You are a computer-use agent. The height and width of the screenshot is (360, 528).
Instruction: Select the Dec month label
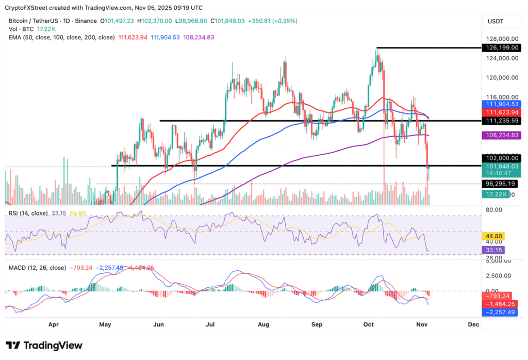(x=473, y=324)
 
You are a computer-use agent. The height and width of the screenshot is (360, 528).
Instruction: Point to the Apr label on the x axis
(x=52, y=324)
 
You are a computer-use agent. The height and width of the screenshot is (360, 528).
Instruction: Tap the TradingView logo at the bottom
(x=44, y=346)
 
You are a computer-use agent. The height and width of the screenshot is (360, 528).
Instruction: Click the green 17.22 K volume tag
(x=496, y=194)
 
